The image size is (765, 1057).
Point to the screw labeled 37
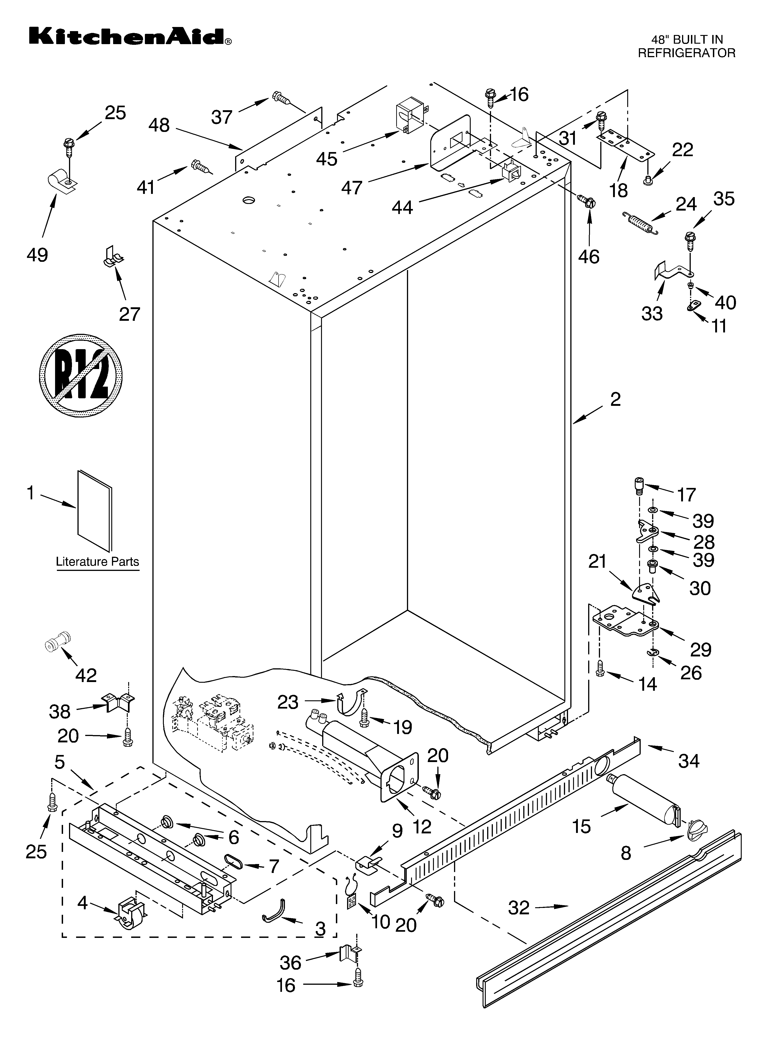point(282,99)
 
